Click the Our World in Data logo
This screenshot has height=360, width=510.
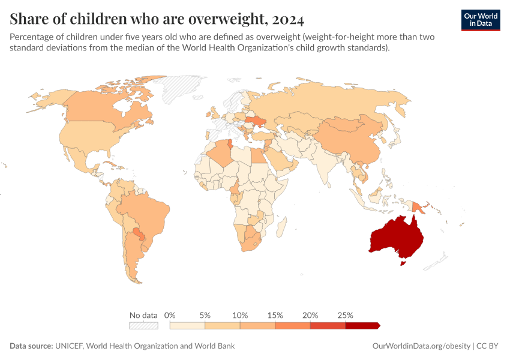(481, 20)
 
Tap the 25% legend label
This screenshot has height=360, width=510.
(346, 315)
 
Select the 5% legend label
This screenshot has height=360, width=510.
(205, 315)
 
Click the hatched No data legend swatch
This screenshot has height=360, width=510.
(143, 326)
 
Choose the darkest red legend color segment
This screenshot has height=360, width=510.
(362, 326)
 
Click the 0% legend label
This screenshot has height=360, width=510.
(170, 315)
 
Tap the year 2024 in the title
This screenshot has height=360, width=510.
(287, 19)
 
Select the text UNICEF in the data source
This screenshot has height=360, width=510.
(71, 346)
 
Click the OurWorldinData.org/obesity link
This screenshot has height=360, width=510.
(421, 346)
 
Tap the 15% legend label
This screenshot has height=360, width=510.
(275, 315)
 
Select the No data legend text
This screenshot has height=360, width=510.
(143, 315)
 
